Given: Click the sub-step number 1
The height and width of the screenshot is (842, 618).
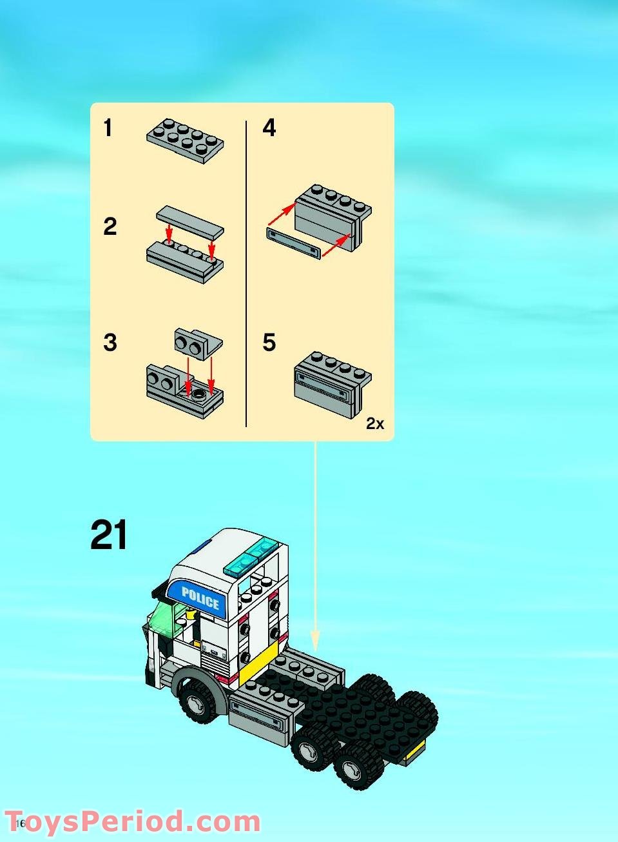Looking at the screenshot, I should click(x=108, y=128).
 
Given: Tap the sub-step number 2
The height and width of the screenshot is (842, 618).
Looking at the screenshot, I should click(x=110, y=226).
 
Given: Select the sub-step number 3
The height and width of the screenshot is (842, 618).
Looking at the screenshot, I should click(x=110, y=343).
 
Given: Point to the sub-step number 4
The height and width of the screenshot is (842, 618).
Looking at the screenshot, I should click(x=269, y=128).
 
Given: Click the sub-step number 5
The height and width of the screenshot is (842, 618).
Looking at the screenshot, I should click(x=269, y=343).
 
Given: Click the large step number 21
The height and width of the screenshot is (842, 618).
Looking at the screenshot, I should click(x=109, y=535).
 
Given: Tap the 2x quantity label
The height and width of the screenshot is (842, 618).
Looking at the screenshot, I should click(x=374, y=424).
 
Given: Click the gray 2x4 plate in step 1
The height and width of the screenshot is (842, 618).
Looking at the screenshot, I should click(x=186, y=140).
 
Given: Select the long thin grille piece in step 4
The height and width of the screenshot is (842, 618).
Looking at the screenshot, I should click(x=294, y=243).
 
